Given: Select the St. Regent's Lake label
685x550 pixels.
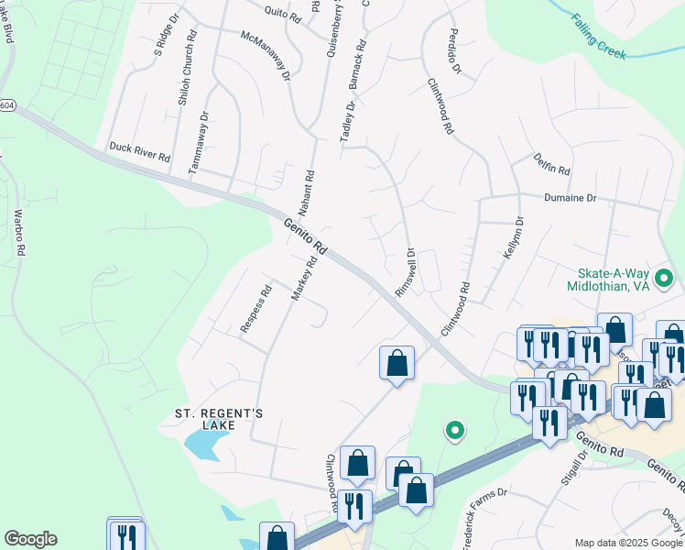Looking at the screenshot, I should click(219, 419).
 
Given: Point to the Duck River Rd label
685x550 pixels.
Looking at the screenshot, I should click(140, 151).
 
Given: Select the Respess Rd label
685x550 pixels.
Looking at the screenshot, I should click(256, 312).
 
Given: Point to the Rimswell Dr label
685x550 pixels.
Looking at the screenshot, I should click(404, 270).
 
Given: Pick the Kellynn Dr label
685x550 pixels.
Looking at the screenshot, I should click(512, 236).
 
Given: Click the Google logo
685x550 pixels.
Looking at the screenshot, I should click(30, 539).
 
